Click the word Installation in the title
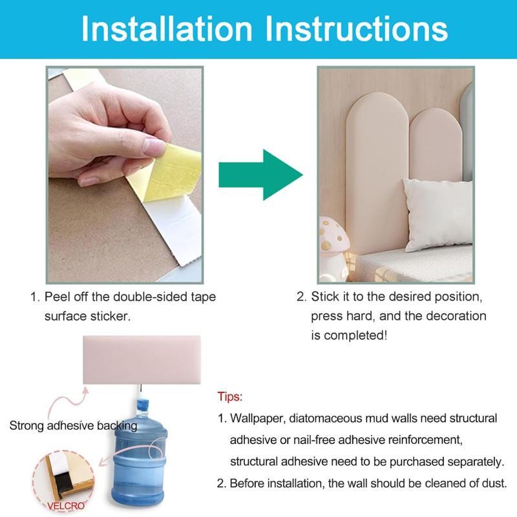167,28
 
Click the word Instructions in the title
356,28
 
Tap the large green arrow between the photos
260,174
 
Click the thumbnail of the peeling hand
125,174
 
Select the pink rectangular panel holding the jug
142,360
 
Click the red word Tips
230,396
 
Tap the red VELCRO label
66,506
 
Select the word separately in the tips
476,462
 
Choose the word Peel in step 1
57,297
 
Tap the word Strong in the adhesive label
26,426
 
